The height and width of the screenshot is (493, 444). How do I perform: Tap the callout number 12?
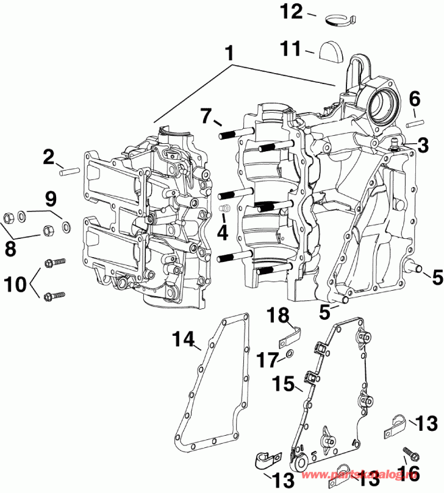[x=290, y=10]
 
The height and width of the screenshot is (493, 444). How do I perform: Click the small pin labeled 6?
[x=415, y=123]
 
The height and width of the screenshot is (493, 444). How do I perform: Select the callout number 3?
[x=423, y=144]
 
